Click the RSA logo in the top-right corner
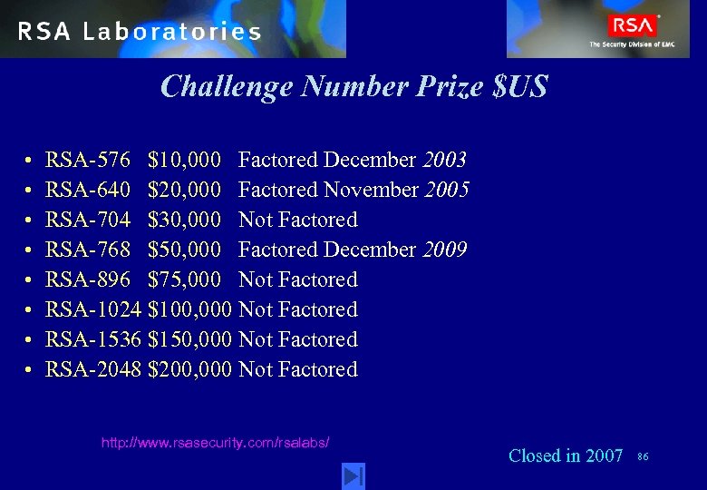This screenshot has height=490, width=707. pyautogui.click(x=632, y=25)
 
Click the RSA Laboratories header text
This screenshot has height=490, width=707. pyautogui.click(x=140, y=32)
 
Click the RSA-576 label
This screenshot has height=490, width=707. pyautogui.click(x=88, y=161)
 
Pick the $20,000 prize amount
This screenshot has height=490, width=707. pyautogui.click(x=184, y=191)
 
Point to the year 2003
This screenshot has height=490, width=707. pyautogui.click(x=445, y=161)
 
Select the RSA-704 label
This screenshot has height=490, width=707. pyautogui.click(x=88, y=220)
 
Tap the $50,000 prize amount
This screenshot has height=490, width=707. pyautogui.click(x=184, y=250)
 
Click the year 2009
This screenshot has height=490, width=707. pyautogui.click(x=445, y=250)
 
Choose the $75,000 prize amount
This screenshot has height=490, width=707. pyautogui.click(x=184, y=280)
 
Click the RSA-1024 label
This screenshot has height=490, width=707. pyautogui.click(x=93, y=310)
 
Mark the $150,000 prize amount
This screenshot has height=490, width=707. pyautogui.click(x=189, y=340)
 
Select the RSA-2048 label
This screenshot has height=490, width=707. pyautogui.click(x=93, y=370)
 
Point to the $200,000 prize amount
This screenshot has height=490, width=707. pyautogui.click(x=189, y=370)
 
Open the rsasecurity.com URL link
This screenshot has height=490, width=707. pyautogui.click(x=215, y=443)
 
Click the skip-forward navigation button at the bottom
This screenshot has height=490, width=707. pyautogui.click(x=353, y=475)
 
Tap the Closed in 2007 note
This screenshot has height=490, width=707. pyautogui.click(x=566, y=456)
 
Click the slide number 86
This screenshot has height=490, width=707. pyautogui.click(x=644, y=456)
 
